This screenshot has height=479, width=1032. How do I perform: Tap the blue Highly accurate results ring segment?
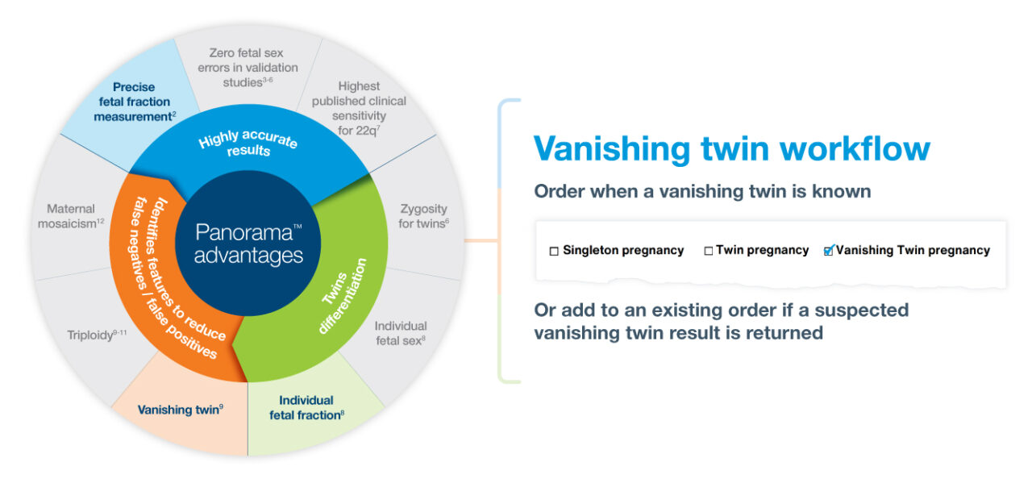[x=248, y=145]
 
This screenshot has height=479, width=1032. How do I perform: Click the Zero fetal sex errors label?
[x=248, y=68]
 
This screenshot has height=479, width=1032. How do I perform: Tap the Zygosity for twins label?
[x=422, y=216]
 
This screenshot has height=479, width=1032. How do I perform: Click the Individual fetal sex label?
[x=401, y=333]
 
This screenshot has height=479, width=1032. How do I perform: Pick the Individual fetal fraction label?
[x=306, y=407]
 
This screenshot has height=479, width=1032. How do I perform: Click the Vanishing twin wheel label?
[x=180, y=410]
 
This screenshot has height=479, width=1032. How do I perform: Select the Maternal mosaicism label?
[x=71, y=216]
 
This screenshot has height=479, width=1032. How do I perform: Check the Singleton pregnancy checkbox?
[x=554, y=251]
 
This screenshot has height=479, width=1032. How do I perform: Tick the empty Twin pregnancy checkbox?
[x=709, y=251]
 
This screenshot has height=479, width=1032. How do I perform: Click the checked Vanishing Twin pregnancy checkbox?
[x=828, y=251]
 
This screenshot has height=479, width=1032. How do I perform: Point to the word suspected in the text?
[x=862, y=310]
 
